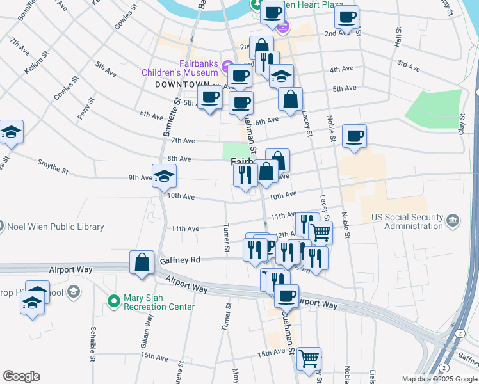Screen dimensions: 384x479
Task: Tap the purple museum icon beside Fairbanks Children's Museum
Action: pos(225,67)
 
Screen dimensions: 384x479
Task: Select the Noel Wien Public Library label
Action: pos(55,227)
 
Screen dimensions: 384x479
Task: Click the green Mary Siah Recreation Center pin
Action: pos(113,300)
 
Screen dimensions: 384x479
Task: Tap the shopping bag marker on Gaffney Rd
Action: pos(142,263)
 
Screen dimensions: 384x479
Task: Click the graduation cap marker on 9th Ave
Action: pos(164,176)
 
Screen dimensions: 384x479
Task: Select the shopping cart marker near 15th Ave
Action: pos(309,358)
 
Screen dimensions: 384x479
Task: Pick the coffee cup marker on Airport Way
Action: pos(286,296)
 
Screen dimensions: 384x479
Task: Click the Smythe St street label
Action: pos(53,167)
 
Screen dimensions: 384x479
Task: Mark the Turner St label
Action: pos(225,237)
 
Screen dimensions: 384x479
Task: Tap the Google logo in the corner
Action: pos(21,376)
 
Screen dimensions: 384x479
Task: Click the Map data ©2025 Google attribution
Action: pos(439,379)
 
